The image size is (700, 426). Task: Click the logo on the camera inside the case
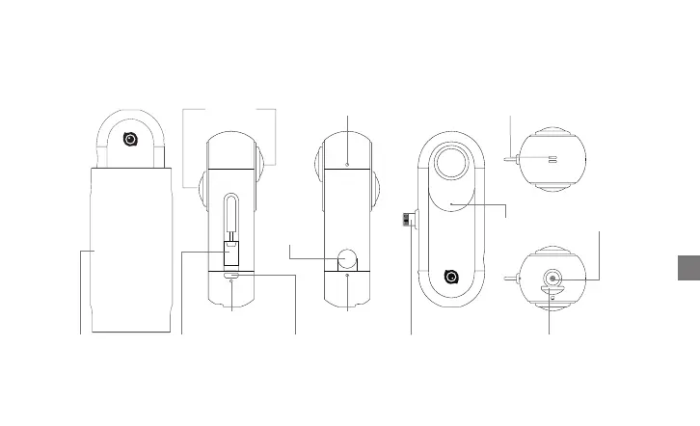click(130, 138)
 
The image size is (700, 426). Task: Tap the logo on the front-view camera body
click(449, 277)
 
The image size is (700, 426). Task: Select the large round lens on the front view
click(449, 165)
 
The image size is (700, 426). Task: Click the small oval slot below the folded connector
click(231, 276)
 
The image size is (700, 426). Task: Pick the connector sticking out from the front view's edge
click(410, 221)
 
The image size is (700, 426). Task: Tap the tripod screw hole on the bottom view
click(552, 278)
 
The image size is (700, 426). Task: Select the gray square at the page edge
click(682, 267)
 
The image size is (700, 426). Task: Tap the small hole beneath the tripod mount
click(552, 297)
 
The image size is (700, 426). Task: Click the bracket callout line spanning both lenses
click(229, 110)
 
